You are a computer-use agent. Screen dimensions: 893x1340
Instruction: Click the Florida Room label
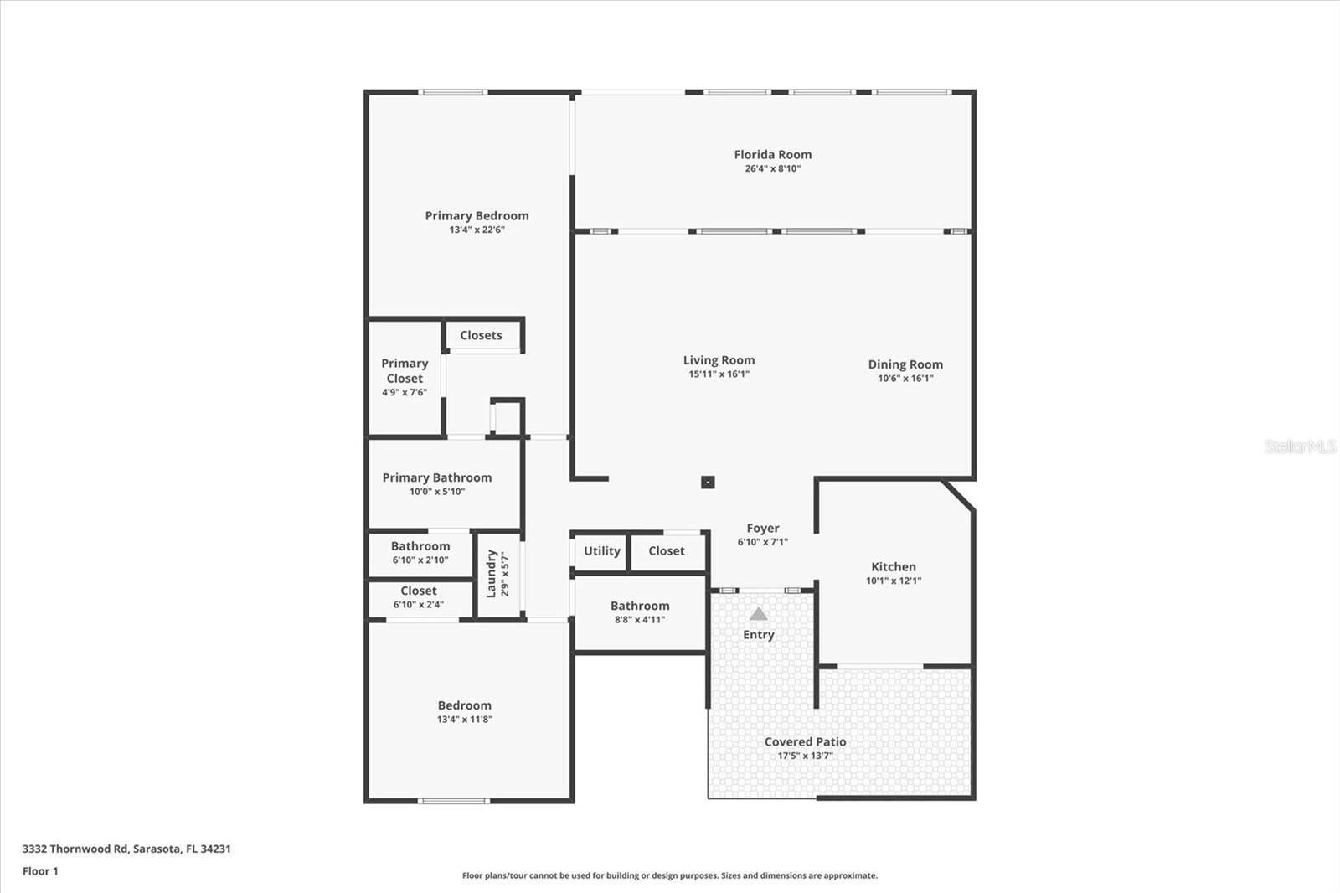[x=772, y=154]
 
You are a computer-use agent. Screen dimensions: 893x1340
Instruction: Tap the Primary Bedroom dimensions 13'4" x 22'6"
[x=477, y=230]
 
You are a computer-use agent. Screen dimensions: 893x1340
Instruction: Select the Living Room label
[x=719, y=360]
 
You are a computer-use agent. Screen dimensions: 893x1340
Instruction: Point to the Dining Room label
[x=904, y=364]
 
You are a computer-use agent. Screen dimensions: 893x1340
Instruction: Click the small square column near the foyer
[x=708, y=482]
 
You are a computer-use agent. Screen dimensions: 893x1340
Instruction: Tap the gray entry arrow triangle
[x=758, y=614]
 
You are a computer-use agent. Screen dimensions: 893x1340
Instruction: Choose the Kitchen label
[x=893, y=567]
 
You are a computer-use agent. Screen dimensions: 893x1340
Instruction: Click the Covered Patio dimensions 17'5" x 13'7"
[x=805, y=756]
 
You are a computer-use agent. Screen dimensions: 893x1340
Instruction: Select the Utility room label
[x=601, y=551]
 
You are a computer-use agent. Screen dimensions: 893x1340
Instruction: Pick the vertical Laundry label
[x=492, y=574]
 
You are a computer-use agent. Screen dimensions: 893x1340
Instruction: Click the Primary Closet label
[x=405, y=370]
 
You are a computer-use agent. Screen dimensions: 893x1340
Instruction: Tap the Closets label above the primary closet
[x=481, y=335]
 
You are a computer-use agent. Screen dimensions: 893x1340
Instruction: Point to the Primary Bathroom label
[x=436, y=477]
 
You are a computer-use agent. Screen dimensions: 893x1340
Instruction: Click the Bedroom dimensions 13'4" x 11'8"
[x=464, y=720]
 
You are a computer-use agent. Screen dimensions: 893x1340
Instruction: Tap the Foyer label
[x=762, y=529]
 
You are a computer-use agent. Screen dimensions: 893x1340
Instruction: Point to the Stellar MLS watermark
[x=1300, y=446]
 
